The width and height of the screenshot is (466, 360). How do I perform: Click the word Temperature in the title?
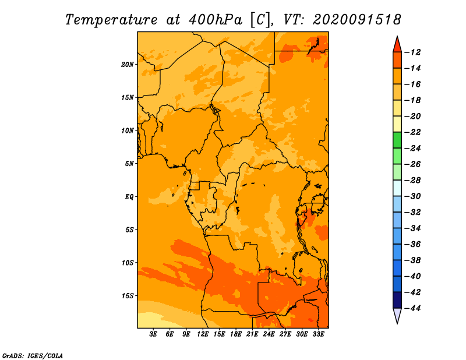click(x=111, y=20)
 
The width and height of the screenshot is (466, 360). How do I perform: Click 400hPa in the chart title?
click(x=215, y=20)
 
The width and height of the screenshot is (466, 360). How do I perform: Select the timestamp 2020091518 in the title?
click(x=356, y=20)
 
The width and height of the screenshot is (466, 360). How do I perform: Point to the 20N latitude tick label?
click(x=128, y=65)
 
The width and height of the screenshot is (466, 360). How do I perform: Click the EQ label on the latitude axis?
click(x=129, y=197)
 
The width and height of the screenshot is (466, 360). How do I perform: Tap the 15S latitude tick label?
click(x=128, y=296)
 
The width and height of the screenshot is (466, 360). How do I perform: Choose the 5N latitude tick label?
click(x=129, y=164)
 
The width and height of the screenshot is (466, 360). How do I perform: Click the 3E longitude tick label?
click(x=153, y=334)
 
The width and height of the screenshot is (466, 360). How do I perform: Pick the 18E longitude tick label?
click(x=236, y=334)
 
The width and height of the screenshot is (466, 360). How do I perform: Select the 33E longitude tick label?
click(x=318, y=334)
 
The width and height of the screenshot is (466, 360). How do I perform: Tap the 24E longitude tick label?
click(x=269, y=334)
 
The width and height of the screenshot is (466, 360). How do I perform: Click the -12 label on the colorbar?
click(x=413, y=52)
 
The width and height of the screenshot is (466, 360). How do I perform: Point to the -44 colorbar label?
click(x=413, y=308)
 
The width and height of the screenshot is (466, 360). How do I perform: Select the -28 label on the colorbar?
click(x=413, y=181)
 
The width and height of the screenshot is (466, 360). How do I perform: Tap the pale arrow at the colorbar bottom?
click(x=397, y=315)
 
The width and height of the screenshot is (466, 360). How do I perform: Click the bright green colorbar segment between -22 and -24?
click(x=397, y=140)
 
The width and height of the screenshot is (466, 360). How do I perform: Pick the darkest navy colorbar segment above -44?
click(x=397, y=300)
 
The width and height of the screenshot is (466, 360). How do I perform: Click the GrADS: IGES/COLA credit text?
click(x=33, y=356)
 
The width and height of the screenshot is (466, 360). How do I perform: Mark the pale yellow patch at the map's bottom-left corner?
click(x=150, y=320)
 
